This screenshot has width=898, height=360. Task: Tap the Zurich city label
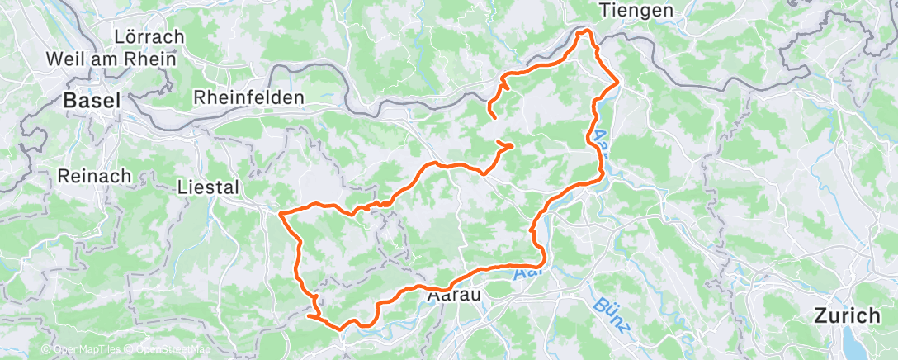846,315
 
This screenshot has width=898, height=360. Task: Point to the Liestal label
208,187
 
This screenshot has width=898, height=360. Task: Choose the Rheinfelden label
248,97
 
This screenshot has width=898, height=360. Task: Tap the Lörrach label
150,38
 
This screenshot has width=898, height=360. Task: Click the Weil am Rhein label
111,59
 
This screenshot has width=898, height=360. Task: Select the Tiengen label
637,10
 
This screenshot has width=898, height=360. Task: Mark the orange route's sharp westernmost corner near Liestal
281,213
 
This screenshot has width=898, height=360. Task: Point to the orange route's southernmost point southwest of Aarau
340,329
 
